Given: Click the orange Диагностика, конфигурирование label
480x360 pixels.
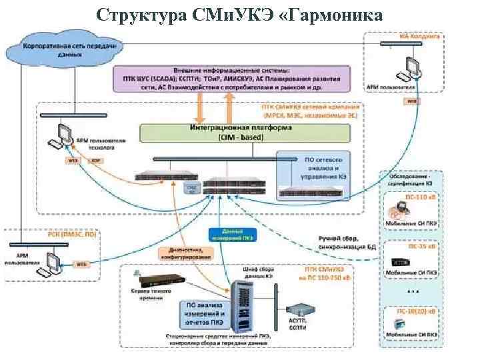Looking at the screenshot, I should [x=186, y=253].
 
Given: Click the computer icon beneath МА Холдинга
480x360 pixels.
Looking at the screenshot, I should [x=412, y=66].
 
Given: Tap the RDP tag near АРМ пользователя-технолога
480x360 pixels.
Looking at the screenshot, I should [x=95, y=161].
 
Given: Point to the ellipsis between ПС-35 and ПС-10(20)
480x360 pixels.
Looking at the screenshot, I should [x=413, y=291].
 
